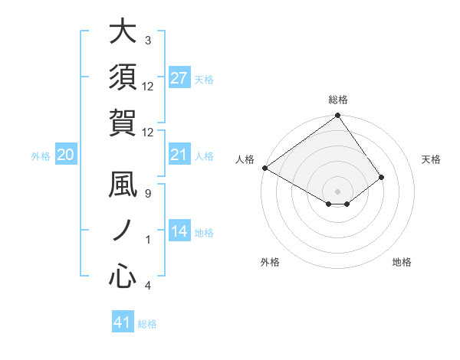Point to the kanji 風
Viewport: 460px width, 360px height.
tap(123, 187)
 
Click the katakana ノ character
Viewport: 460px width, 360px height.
tap(123, 231)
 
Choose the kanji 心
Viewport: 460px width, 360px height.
tap(123, 274)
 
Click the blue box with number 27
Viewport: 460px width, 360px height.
tap(179, 78)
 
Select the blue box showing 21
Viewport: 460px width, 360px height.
tap(179, 155)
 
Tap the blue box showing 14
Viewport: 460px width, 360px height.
tap(179, 231)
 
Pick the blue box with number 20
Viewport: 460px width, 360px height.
tap(66, 155)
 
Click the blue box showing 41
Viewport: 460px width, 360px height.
tap(123, 322)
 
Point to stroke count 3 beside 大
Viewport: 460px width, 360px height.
tap(148, 40)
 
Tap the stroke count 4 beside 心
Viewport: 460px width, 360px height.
tap(148, 286)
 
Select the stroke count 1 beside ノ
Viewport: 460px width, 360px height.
tap(148, 240)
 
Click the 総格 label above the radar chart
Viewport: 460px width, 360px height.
tap(338, 100)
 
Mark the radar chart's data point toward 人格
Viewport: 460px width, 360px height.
tap(265, 168)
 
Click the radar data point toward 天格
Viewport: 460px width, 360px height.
tap(382, 177)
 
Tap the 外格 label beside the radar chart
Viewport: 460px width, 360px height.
tap(270, 263)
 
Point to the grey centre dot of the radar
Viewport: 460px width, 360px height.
tap(338, 191)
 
